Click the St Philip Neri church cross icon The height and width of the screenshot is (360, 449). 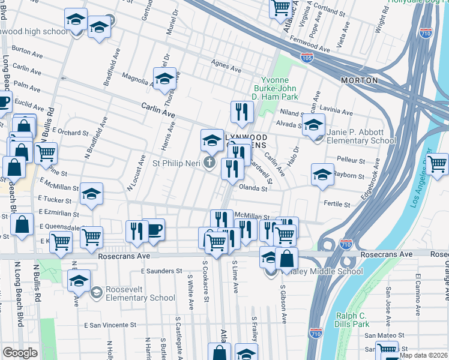pyautogui.click(x=209, y=163)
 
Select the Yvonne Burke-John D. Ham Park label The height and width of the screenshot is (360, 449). pyautogui.click(x=279, y=88)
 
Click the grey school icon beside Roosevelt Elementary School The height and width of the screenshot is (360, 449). pyautogui.click(x=95, y=292)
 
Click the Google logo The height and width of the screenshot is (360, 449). pyautogui.click(x=20, y=353)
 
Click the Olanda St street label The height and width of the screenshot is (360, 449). pyautogui.click(x=253, y=188)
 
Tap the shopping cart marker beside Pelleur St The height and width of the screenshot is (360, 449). pyautogui.click(x=436, y=163)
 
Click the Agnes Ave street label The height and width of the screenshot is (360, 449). pyautogui.click(x=226, y=62)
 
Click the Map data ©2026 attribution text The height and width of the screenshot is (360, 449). pyautogui.click(x=422, y=355)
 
